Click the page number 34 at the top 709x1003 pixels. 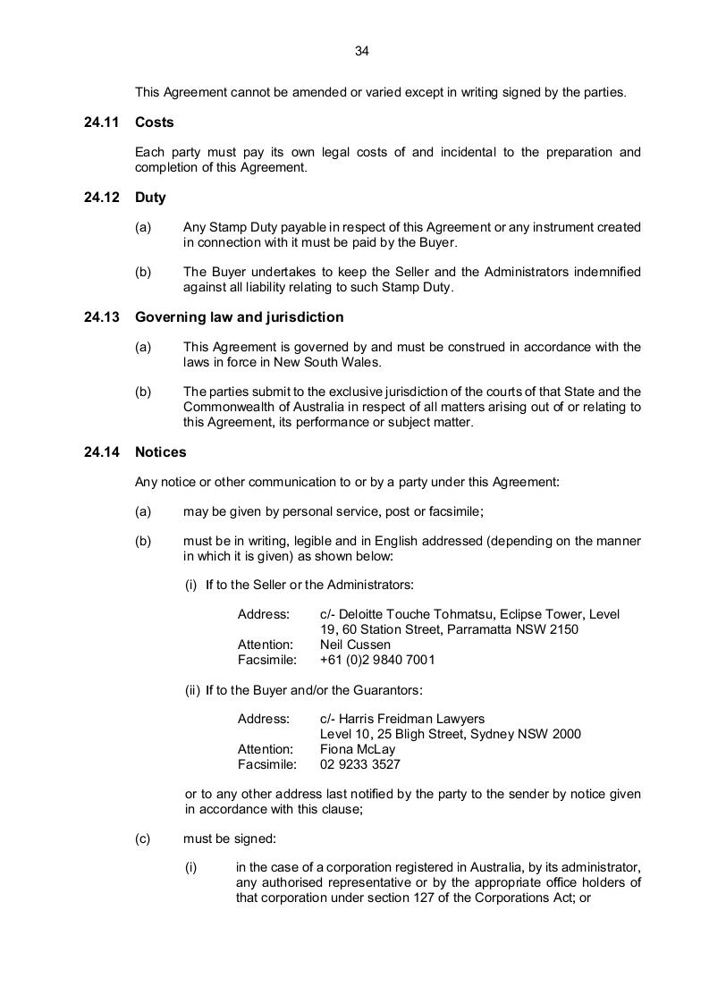[x=362, y=51]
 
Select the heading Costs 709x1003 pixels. [x=155, y=122]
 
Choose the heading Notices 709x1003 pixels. [x=161, y=452]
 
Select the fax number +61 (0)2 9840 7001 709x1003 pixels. [x=377, y=660]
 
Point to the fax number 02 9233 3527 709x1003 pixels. [x=360, y=765]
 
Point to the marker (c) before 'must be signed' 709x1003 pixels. [x=143, y=839]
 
